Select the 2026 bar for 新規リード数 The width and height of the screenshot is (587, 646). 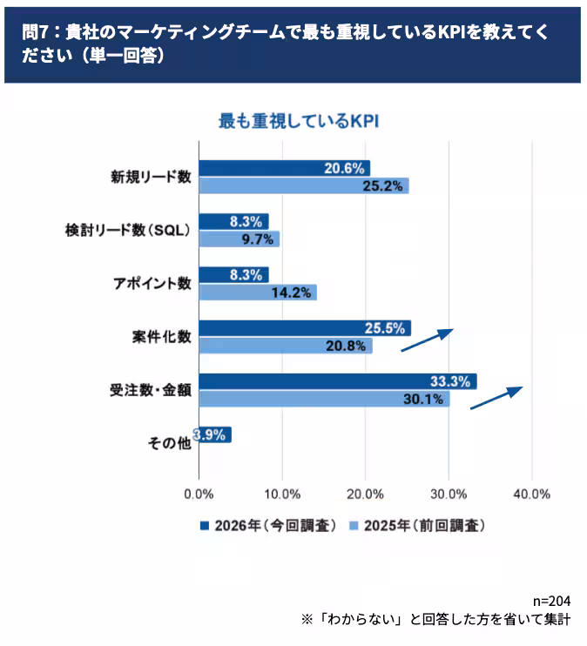tap(284, 168)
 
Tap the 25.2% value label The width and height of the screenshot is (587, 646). tap(386, 185)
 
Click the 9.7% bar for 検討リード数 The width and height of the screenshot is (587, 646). tap(239, 239)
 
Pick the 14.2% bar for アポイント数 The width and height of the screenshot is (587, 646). tap(257, 293)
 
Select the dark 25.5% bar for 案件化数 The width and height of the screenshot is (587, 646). tap(304, 328)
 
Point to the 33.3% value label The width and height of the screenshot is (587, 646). tap(450, 381)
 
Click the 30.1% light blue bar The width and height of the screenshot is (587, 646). tap(324, 399)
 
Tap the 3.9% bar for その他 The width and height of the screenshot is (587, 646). tap(214, 434)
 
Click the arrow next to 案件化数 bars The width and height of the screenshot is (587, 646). tap(427, 340)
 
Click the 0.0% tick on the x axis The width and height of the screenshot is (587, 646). tap(199, 494)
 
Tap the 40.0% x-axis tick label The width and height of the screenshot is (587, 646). tap(531, 494)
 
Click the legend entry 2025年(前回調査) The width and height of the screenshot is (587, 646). tap(417, 526)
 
